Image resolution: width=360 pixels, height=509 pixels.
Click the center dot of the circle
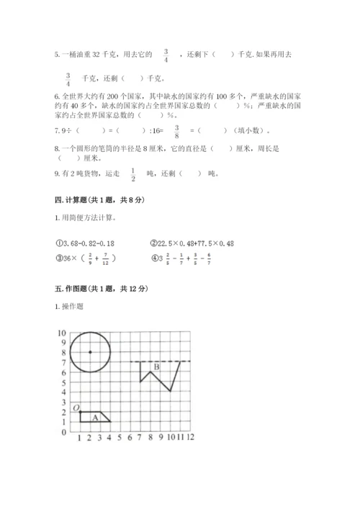[90, 352]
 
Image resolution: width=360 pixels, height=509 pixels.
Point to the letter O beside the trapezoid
[75, 409]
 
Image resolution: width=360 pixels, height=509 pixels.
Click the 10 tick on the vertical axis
[61, 333]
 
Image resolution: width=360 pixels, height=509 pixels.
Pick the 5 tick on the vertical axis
[63, 382]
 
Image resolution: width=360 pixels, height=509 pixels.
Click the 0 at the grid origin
[64, 433]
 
